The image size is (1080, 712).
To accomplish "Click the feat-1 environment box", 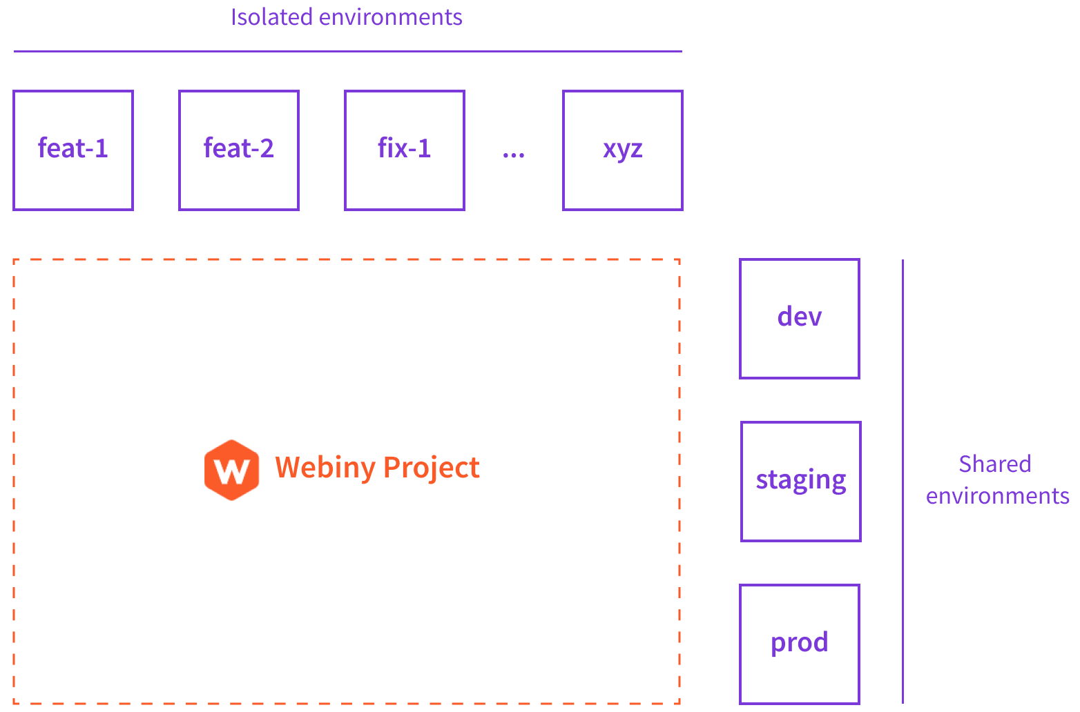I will (x=73, y=150).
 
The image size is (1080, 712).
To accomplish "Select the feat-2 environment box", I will (x=239, y=150).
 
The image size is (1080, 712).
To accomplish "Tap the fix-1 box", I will (x=405, y=150).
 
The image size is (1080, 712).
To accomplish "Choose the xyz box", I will (x=623, y=150).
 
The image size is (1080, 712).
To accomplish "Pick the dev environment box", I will (x=800, y=319).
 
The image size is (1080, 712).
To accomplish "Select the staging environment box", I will (x=801, y=482).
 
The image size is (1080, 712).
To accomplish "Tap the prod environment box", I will (x=800, y=644).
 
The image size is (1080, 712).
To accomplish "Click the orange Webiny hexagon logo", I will (x=232, y=469).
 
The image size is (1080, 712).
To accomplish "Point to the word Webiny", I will (x=325, y=468).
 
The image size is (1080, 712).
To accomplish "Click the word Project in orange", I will (x=431, y=468).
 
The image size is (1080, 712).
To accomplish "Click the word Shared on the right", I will (x=995, y=464).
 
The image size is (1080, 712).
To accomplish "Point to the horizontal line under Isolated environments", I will (x=347, y=51).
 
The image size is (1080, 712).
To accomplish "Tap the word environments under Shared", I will (x=998, y=496).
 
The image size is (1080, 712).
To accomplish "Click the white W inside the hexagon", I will (x=232, y=472).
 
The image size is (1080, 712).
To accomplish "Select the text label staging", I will (x=801, y=480).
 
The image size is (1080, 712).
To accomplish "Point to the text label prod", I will (x=800, y=643).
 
